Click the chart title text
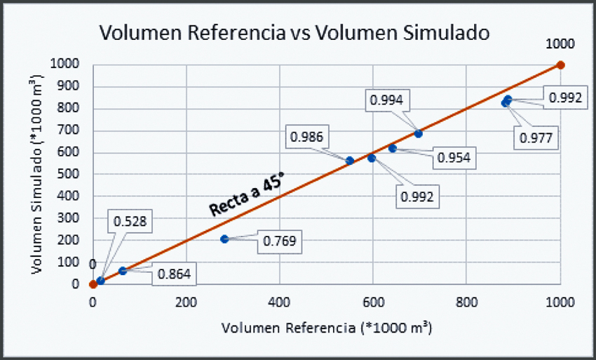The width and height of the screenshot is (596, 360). [294, 32]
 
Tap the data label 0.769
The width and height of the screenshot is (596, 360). [280, 241]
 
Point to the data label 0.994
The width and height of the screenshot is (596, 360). [386, 100]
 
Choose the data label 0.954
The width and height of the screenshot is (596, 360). [453, 158]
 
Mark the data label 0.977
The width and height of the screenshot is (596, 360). [537, 138]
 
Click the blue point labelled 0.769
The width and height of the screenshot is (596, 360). [224, 239]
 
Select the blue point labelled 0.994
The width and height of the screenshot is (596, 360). [419, 133]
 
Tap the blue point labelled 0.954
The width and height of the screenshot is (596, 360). [393, 148]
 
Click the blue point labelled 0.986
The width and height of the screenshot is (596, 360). [350, 161]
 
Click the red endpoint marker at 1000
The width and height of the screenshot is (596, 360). [560, 65]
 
